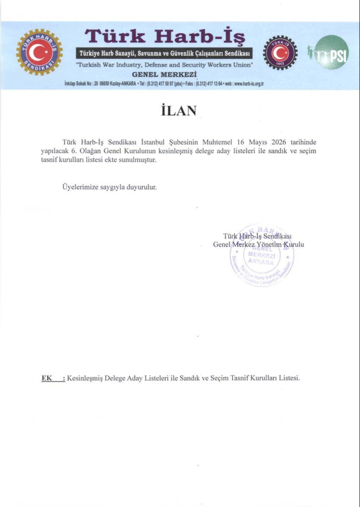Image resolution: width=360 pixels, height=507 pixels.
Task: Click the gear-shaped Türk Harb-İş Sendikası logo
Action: (39, 52)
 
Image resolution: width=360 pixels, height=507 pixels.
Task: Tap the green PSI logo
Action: (331, 52)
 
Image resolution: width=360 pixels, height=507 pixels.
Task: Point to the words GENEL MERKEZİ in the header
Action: (164, 74)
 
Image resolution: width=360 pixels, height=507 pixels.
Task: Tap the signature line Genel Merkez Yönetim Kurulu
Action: (258, 245)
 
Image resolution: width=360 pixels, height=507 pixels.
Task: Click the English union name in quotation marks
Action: (164, 65)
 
